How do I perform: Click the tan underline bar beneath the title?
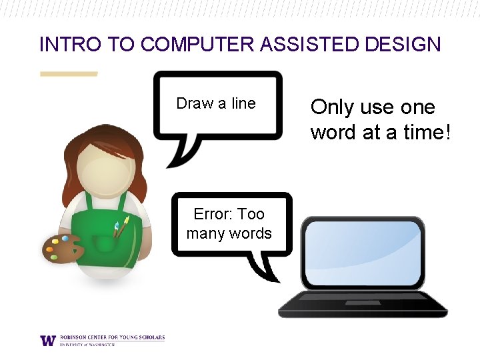[x=69, y=74]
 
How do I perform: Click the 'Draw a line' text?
[x=216, y=103]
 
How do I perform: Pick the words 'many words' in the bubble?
[x=229, y=233]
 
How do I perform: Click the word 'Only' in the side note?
[x=333, y=107]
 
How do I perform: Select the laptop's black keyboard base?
[x=362, y=306]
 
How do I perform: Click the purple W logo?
[x=48, y=340]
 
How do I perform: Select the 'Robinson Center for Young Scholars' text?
[x=111, y=337]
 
